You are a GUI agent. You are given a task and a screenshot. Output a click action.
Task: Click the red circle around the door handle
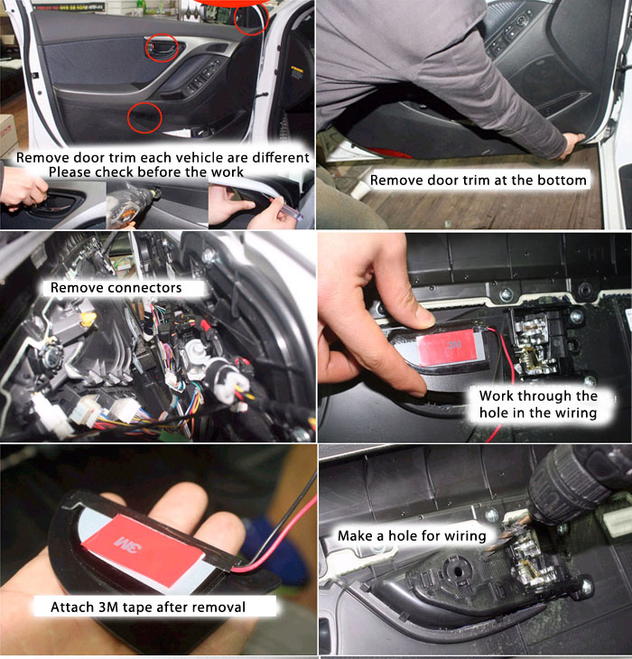(x=146, y=48)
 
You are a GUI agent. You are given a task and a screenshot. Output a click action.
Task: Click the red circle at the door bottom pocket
(x=128, y=117)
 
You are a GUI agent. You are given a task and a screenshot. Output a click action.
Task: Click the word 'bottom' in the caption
(x=559, y=180)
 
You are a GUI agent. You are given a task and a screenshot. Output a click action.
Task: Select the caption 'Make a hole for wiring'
(x=412, y=536)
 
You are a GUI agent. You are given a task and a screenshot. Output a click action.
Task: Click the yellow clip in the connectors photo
(x=88, y=320)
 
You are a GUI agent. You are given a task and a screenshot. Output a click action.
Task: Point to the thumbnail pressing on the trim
(x=423, y=320)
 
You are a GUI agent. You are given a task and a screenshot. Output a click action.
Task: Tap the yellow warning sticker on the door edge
(x=297, y=72)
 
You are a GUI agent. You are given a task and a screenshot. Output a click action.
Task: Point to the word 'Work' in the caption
(x=497, y=396)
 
